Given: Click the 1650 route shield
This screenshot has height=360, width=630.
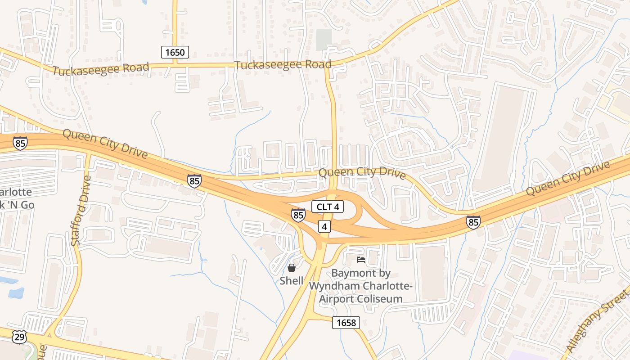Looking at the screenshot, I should pyautogui.click(x=175, y=52).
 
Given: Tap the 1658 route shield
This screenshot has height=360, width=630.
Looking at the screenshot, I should pyautogui.click(x=346, y=322).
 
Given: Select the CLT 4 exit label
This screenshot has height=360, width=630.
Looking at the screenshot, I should pyautogui.click(x=328, y=207).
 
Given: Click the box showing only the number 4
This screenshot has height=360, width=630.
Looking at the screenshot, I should pyautogui.click(x=324, y=226).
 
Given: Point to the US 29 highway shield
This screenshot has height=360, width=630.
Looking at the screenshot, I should pyautogui.click(x=19, y=337).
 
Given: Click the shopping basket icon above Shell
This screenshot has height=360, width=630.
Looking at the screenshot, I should pyautogui.click(x=292, y=268).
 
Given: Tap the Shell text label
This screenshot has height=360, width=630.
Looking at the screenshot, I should pyautogui.click(x=292, y=281).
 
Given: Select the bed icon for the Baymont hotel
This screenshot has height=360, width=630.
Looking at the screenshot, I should pyautogui.click(x=361, y=260).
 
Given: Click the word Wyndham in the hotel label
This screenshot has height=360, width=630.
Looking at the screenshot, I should pyautogui.click(x=343, y=286).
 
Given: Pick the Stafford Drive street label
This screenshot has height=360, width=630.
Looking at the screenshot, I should pyautogui.click(x=81, y=211).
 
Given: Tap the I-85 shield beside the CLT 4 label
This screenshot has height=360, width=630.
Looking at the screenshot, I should pyautogui.click(x=298, y=215).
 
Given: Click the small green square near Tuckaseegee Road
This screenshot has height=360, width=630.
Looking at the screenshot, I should pyautogui.click(x=324, y=40).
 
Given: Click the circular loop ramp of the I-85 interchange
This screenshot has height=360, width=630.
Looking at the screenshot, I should pyautogui.click(x=351, y=209).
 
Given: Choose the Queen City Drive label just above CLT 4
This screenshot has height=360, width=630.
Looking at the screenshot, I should pyautogui.click(x=362, y=173).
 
